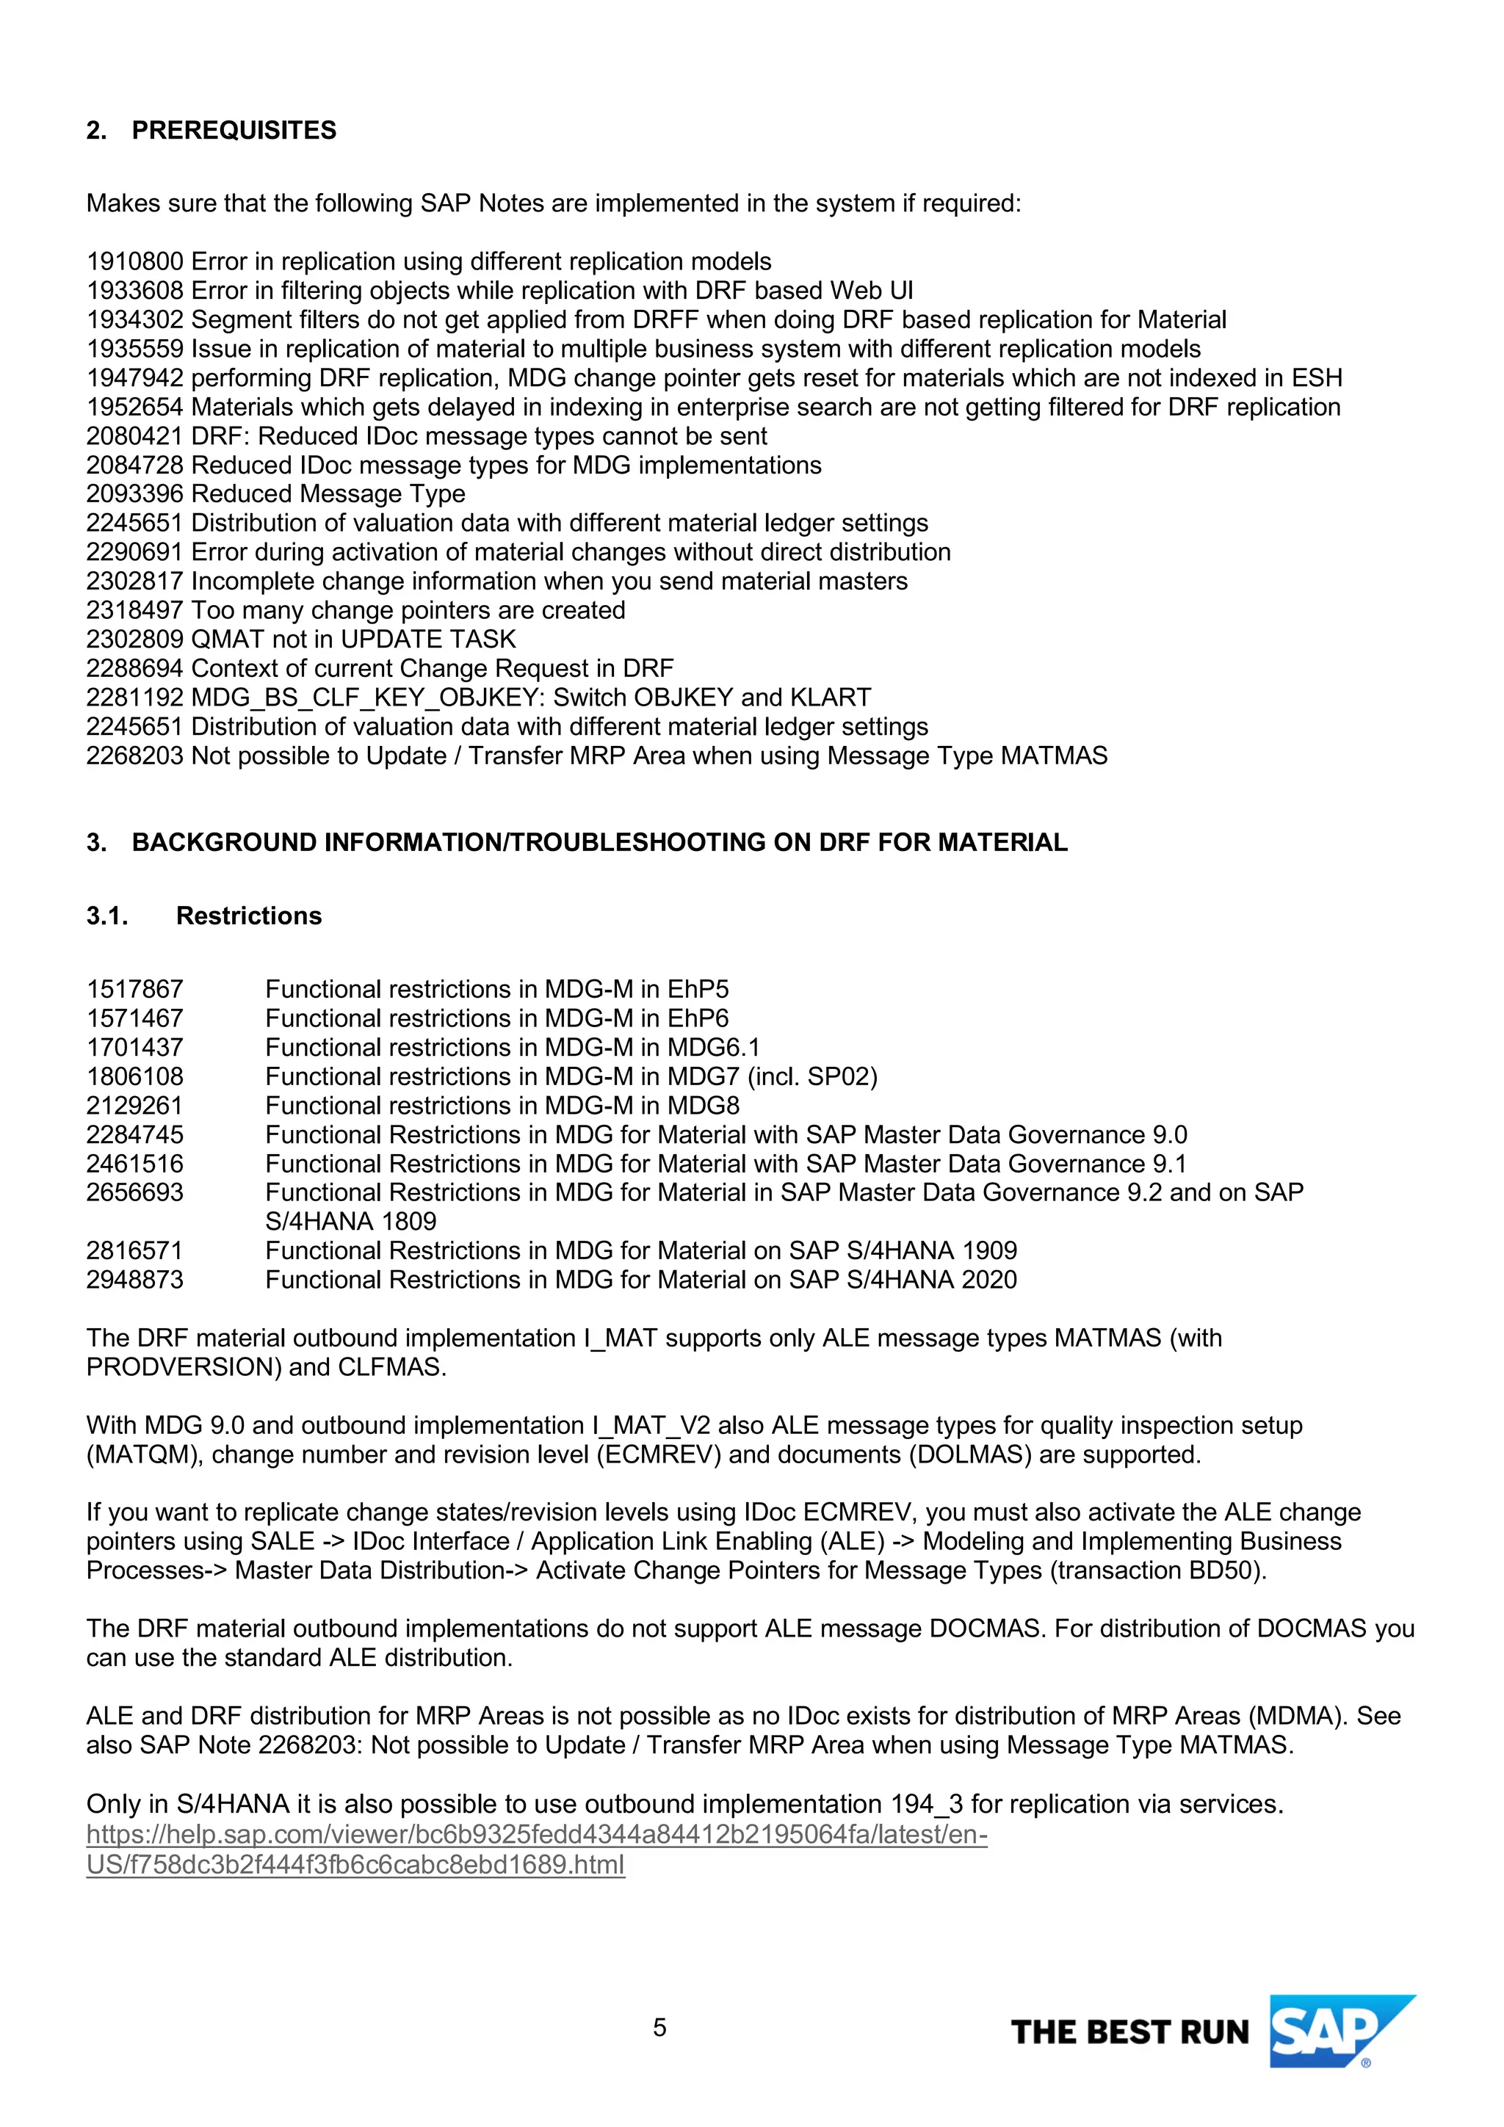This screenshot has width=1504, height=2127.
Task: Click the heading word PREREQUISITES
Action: [x=234, y=130]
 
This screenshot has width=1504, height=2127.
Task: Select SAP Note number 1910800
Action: [x=134, y=261]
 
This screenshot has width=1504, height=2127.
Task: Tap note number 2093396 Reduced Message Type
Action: [x=134, y=494]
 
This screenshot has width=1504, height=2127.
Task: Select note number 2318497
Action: [x=134, y=610]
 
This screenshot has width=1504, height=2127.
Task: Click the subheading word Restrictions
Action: [x=248, y=916]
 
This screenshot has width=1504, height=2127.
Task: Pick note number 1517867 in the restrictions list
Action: [x=134, y=990]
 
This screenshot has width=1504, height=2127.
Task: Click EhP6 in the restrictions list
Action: [x=698, y=1018]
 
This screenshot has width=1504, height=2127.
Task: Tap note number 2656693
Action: [x=134, y=1192]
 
